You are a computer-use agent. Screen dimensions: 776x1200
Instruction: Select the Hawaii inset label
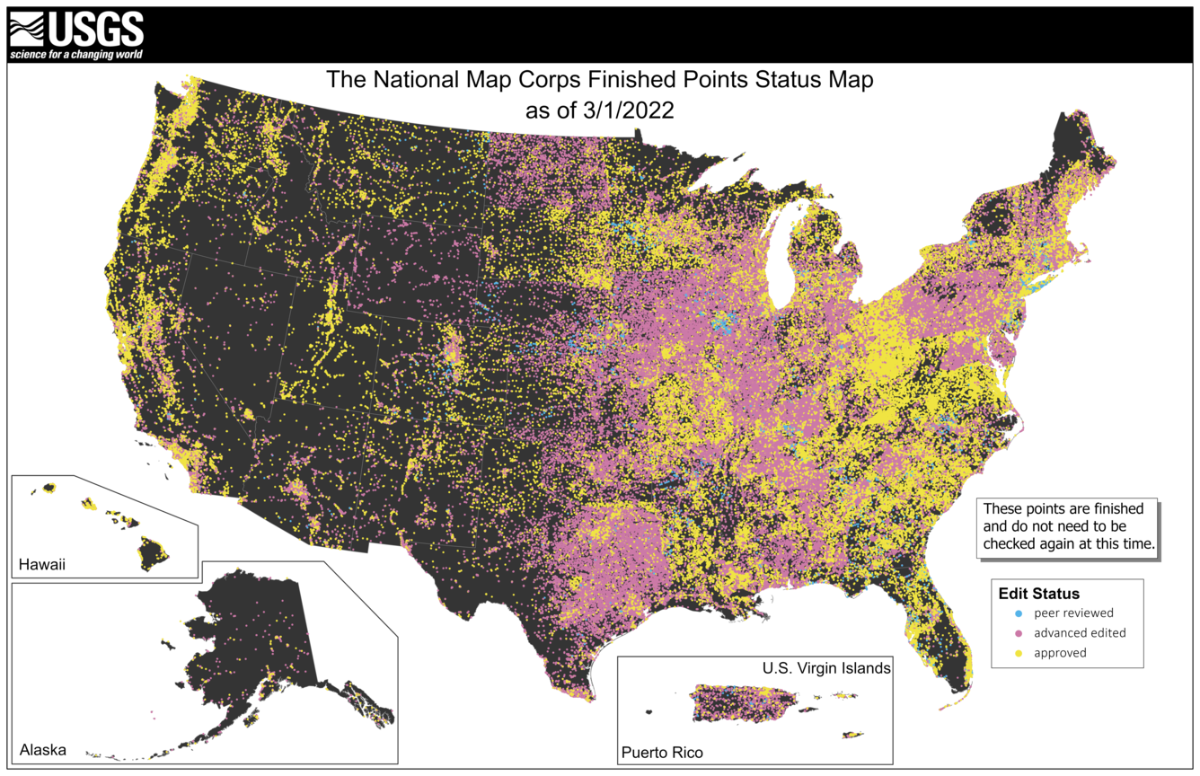(x=42, y=566)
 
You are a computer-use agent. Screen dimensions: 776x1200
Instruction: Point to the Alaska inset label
(x=42, y=750)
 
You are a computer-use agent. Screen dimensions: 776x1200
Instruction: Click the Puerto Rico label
(x=662, y=752)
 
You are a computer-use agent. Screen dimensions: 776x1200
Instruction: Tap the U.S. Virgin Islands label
(x=826, y=668)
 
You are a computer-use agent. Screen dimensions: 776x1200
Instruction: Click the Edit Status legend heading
(x=1038, y=594)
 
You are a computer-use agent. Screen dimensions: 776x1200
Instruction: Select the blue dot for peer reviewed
(x=1018, y=613)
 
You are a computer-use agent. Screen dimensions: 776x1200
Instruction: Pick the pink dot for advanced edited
(x=1018, y=633)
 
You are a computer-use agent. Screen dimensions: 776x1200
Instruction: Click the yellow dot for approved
(x=1018, y=653)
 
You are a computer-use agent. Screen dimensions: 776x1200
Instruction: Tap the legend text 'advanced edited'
(x=1079, y=633)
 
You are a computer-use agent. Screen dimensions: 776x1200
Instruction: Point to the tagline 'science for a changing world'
(x=76, y=55)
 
